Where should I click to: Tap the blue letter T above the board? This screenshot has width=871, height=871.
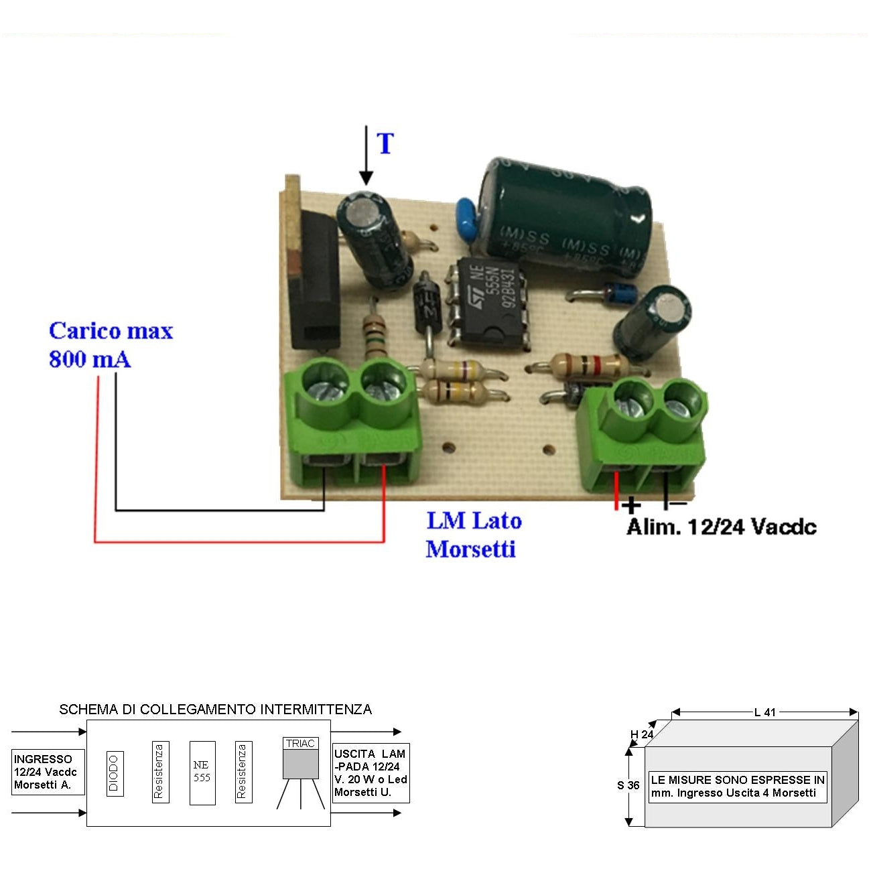coord(385,144)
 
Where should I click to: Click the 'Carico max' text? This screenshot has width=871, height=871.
coord(111,331)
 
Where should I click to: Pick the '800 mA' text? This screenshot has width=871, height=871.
coord(90,360)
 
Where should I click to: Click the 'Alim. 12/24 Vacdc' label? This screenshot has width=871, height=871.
coord(722,527)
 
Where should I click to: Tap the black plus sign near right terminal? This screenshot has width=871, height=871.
coord(631,505)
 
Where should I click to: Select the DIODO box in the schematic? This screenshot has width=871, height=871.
coord(114,773)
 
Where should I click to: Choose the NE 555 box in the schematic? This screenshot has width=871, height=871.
coord(202,772)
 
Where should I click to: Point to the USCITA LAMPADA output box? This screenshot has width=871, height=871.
coord(371,773)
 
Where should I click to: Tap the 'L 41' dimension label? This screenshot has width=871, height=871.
coord(764,712)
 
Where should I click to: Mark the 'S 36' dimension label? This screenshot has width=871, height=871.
coord(628,785)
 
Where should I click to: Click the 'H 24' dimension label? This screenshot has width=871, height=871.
coord(642,734)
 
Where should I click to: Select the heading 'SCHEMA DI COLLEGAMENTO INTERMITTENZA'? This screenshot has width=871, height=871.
coord(216,710)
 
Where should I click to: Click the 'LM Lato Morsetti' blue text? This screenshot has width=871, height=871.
coord(473,535)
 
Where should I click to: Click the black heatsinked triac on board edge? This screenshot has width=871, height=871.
coord(314,281)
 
